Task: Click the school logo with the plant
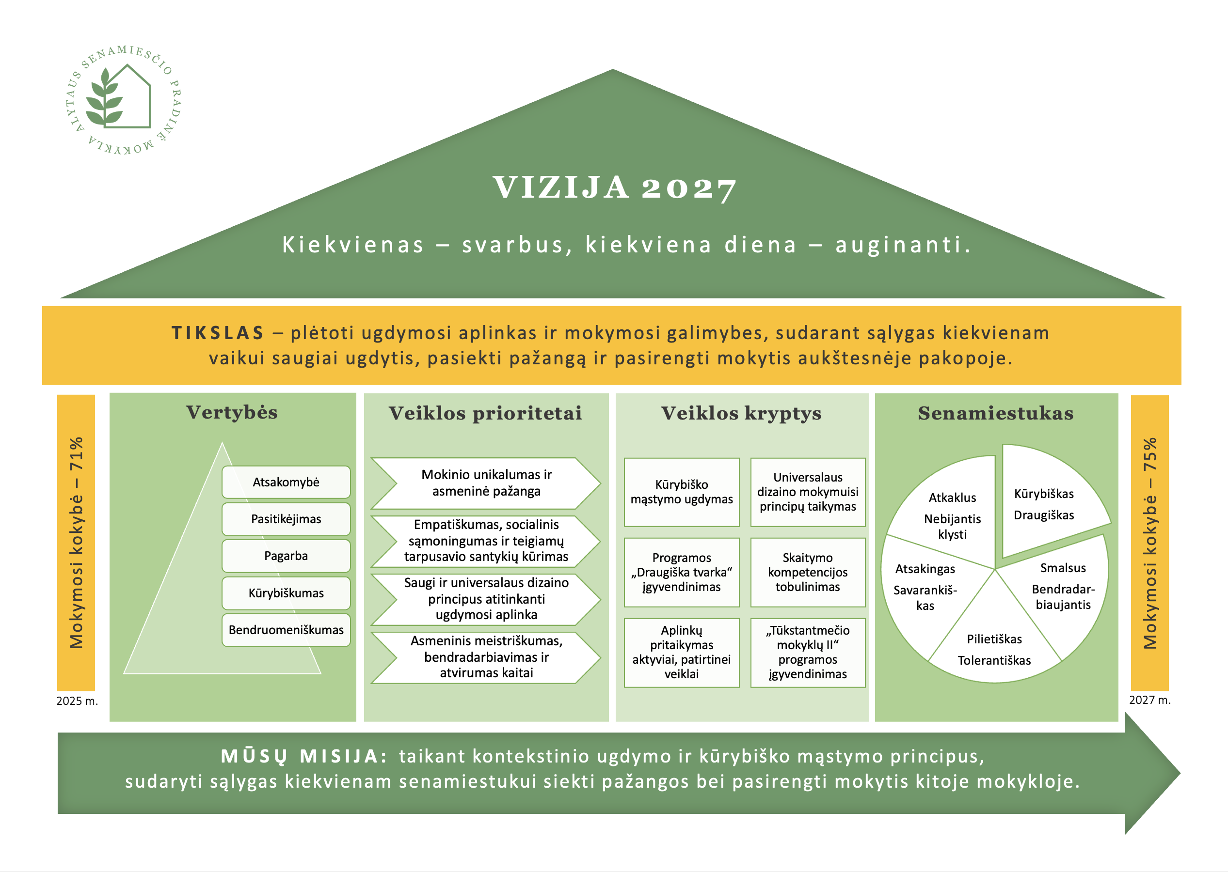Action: pyautogui.click(x=123, y=100)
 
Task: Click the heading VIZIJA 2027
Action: pyautogui.click(x=614, y=188)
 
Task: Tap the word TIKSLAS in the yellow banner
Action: pyautogui.click(x=218, y=333)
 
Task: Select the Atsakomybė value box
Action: pyautogui.click(x=286, y=482)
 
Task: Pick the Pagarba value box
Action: pyautogui.click(x=286, y=556)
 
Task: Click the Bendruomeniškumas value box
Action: pyautogui.click(x=286, y=630)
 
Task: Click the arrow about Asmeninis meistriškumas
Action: pyautogui.click(x=486, y=657)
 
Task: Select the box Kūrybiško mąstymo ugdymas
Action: pyautogui.click(x=681, y=492)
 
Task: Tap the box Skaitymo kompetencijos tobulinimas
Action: pyautogui.click(x=807, y=573)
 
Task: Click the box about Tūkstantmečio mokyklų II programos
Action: pyautogui.click(x=807, y=653)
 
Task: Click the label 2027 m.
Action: pyautogui.click(x=1149, y=700)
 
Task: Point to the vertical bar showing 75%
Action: pyautogui.click(x=1149, y=542)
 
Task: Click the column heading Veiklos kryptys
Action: pyautogui.click(x=741, y=413)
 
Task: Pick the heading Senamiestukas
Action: pyautogui.click(x=995, y=413)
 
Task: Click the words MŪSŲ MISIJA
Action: pyautogui.click(x=303, y=756)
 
